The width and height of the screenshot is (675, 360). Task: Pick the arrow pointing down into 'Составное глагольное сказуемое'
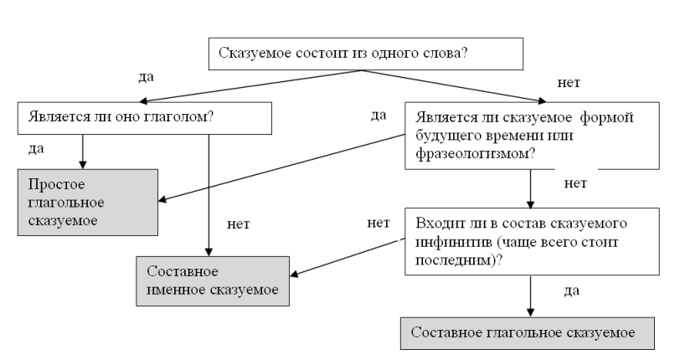point(530,297)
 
